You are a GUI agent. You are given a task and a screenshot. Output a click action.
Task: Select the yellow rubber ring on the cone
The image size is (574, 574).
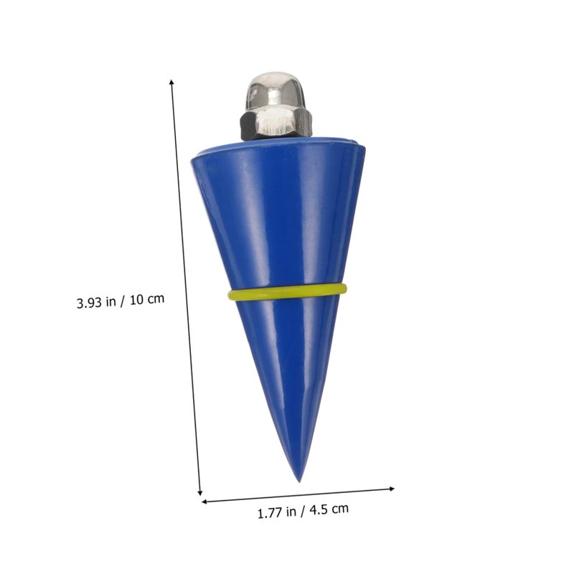(x=287, y=292)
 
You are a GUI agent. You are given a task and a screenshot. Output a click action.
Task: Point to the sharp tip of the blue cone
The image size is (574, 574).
(x=299, y=481)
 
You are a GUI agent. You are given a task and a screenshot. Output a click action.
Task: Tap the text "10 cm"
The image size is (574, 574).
(x=147, y=299)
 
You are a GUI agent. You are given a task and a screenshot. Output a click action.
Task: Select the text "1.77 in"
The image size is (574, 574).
(x=277, y=512)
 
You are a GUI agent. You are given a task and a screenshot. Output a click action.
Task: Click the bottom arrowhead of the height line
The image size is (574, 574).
(x=200, y=493)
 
